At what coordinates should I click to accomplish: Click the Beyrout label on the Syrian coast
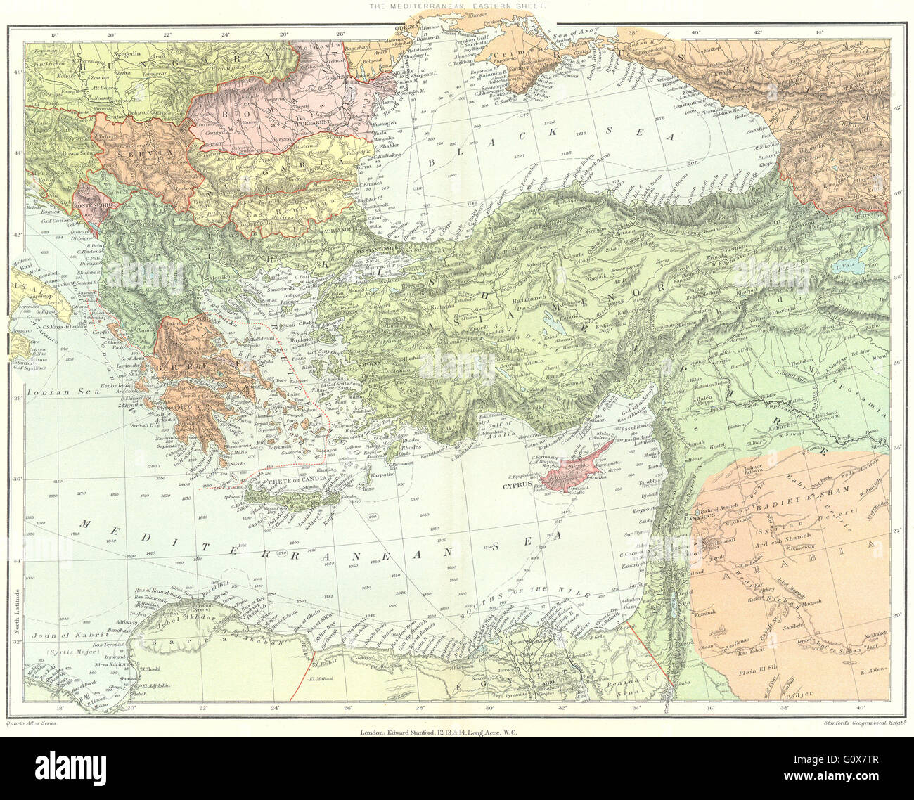[643, 508]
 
